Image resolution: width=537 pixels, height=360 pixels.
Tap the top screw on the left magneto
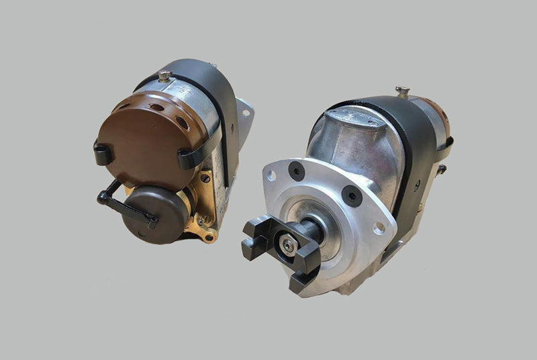coord(164,75)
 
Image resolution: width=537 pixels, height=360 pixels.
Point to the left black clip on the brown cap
coord(103,154)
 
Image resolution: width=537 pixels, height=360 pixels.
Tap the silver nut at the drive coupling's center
coord(289,246)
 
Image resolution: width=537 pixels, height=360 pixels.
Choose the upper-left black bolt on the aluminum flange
coord(296,171)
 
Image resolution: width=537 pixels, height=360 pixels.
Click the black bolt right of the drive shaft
coord(351,196)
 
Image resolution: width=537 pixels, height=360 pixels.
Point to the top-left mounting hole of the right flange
coord(271,175)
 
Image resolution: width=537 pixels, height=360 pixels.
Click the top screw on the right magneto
coord(402,91)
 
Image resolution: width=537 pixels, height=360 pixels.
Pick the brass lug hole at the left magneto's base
coord(209,236)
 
